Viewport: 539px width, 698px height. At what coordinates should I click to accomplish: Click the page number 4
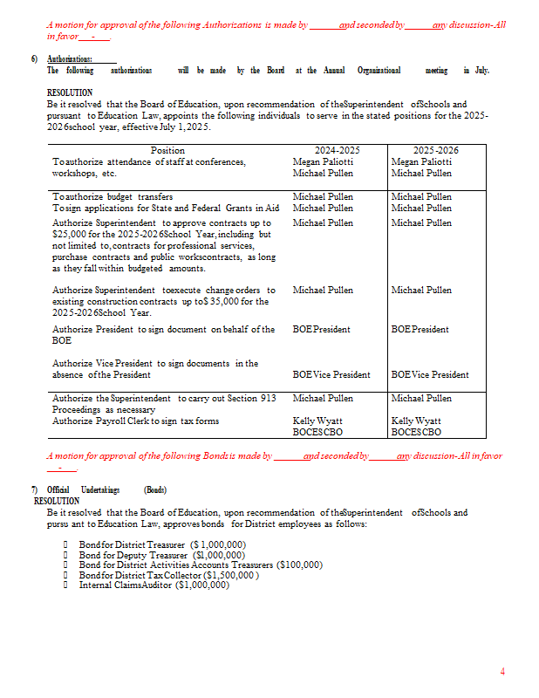502,671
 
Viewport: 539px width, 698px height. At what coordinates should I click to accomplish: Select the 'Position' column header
167,150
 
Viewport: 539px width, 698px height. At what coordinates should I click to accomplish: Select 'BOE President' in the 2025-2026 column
420,329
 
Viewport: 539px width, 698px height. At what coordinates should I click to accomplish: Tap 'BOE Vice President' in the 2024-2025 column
331,374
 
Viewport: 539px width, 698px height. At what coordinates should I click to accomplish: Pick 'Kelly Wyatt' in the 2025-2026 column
416,421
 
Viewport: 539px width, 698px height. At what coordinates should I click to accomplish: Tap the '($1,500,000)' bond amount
230,575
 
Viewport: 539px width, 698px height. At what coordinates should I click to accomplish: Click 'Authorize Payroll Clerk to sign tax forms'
135,421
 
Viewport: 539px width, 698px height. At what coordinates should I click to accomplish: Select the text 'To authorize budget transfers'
113,196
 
